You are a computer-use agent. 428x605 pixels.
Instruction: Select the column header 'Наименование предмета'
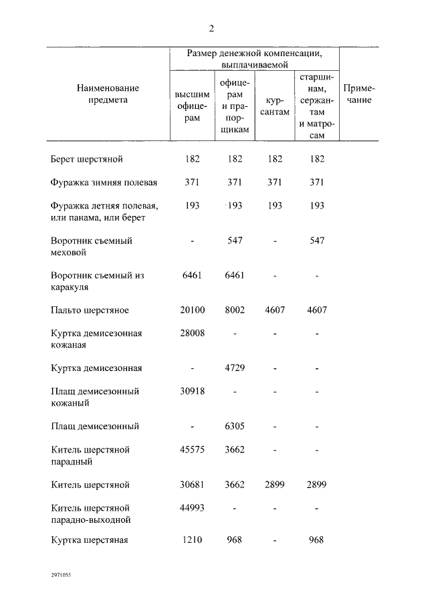tap(108, 94)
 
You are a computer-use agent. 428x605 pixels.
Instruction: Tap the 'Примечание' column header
tap(358, 94)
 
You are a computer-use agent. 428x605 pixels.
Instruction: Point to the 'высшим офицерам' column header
tap(192, 106)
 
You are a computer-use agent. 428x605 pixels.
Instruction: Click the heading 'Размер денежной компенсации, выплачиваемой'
tap(253, 59)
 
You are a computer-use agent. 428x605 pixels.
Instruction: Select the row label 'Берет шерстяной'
tap(87, 159)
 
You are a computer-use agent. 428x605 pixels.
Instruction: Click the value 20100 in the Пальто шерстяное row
tap(192, 310)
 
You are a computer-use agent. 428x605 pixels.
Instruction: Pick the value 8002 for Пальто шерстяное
tap(234, 310)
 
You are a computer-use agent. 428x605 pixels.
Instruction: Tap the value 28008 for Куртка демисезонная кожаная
tap(192, 333)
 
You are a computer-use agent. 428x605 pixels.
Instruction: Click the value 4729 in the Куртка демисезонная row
tap(234, 368)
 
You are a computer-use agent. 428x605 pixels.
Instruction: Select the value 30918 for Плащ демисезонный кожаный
tap(192, 391)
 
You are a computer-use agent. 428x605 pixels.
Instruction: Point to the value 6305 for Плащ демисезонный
tap(234, 426)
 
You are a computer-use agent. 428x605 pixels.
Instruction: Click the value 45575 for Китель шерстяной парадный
tap(192, 449)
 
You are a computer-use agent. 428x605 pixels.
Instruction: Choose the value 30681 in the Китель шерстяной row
tap(192, 484)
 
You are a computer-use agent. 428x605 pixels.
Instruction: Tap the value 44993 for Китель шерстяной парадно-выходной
tap(192, 507)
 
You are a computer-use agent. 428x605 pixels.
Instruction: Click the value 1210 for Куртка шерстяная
tap(192, 540)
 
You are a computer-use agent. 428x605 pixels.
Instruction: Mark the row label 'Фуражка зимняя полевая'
tap(104, 183)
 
